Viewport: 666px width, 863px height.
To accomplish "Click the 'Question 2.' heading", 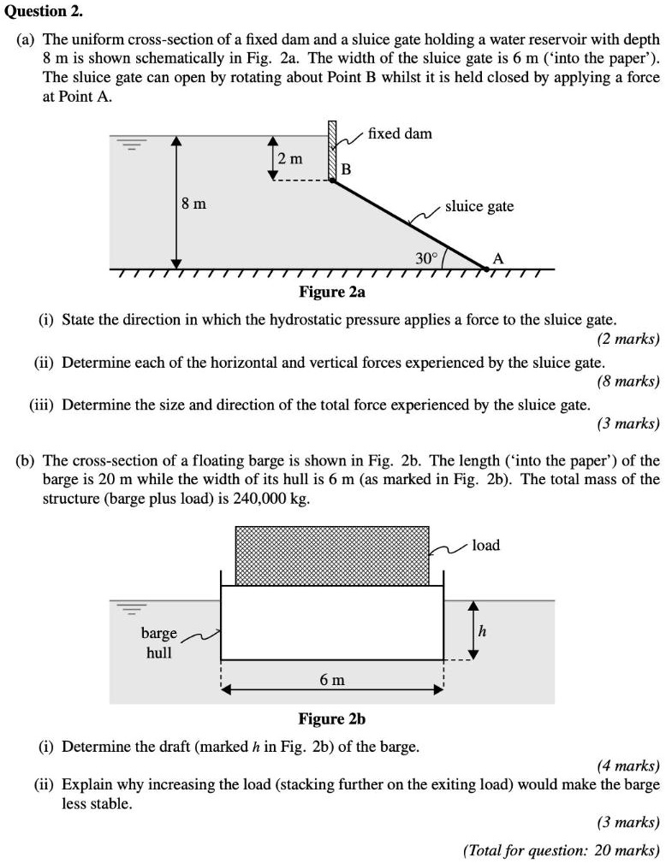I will click(39, 11).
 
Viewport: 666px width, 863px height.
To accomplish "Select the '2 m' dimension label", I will click(290, 158).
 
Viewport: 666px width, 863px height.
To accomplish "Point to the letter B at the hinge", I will click(346, 169).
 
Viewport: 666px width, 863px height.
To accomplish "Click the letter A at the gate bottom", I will click(498, 259).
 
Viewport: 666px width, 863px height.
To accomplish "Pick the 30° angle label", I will click(426, 257).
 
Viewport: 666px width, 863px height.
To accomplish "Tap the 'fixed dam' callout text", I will click(400, 133).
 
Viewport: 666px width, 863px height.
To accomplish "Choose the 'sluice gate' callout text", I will click(479, 206).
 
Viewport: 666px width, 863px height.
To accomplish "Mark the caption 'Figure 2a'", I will click(332, 293).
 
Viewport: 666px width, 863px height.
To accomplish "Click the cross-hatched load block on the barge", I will click(332, 555).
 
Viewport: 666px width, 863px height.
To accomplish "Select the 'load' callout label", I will click(485, 545).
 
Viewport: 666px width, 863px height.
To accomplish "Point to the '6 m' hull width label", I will click(332, 680).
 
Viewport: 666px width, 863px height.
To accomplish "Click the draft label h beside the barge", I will click(482, 631).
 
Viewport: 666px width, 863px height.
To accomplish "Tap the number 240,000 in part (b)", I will click(256, 499).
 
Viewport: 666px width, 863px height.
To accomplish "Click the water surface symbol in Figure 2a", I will click(130, 145).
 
